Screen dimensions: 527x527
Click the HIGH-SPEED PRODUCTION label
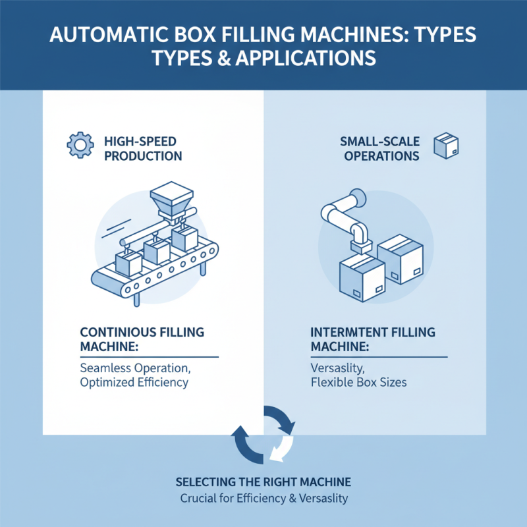click(143, 148)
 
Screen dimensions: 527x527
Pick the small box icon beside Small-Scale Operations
click(446, 146)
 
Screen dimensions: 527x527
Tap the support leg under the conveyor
click(136, 297)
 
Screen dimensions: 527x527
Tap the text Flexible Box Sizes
click(358, 381)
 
